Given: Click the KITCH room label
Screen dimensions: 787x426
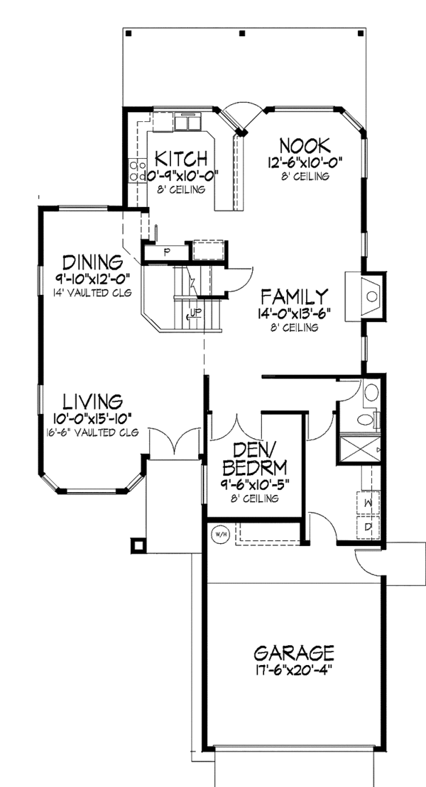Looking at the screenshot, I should [x=181, y=157].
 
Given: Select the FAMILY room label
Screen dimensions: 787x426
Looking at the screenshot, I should [x=293, y=296].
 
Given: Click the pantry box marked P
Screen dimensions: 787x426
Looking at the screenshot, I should [x=166, y=252].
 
